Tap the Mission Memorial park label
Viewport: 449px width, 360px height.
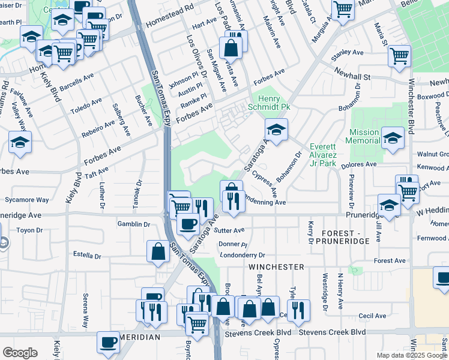[364, 136]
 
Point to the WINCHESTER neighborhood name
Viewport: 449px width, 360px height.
[277, 266]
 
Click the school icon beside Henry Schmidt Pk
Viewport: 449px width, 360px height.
[276, 130]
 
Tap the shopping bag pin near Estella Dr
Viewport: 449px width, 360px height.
[158, 251]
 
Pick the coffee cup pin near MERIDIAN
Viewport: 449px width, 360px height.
[109, 342]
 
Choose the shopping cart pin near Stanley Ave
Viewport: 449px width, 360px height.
[399, 57]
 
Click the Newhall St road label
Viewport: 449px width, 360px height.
[353, 77]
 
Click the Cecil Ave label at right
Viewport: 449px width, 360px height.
[372, 316]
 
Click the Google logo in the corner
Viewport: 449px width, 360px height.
[20, 353]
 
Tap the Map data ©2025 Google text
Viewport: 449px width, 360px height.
[412, 355]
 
